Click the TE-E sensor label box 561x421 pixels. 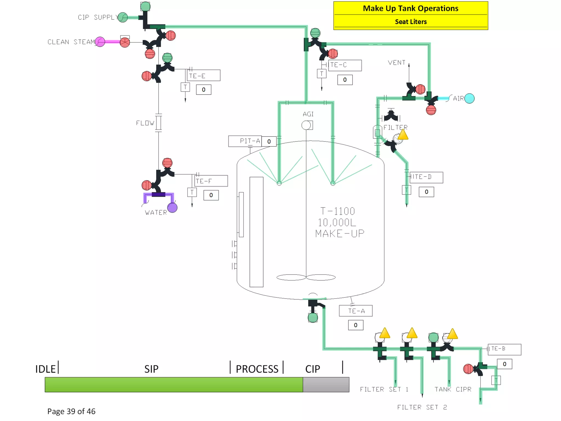tap(204, 75)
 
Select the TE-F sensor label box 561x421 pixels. tap(211, 181)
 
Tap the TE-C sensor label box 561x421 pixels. tap(345, 65)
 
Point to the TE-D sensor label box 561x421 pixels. tap(426, 177)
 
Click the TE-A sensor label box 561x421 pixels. tap(356, 311)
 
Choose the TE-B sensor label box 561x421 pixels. tap(504, 349)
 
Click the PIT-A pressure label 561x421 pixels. tap(245, 141)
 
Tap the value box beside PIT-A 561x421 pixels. tap(269, 141)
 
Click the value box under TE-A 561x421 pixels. tap(356, 325)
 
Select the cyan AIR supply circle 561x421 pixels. tap(469, 98)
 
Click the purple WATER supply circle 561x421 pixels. tap(172, 207)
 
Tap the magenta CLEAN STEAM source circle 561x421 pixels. tap(100, 42)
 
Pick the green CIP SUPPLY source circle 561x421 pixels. tap(123, 17)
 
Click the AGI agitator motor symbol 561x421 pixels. tap(307, 125)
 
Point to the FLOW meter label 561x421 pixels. tap(145, 123)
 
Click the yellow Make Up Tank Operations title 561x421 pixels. tap(410, 8)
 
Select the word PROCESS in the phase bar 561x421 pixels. tap(257, 369)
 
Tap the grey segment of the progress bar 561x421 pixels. tap(326, 384)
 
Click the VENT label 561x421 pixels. tap(396, 63)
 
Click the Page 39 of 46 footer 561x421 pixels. tap(71, 411)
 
